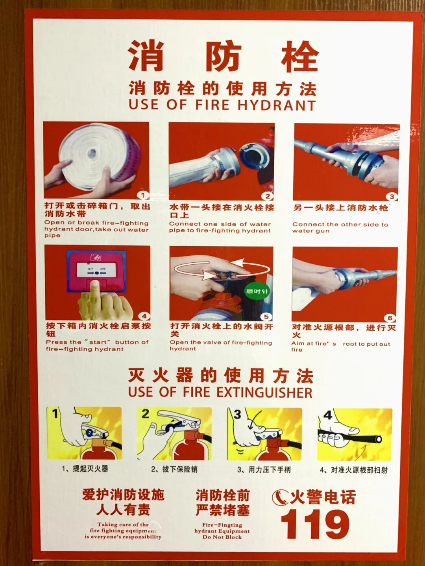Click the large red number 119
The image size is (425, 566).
tap(315, 524)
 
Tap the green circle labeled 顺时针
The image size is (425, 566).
tap(257, 291)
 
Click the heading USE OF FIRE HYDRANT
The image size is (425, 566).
tap(222, 105)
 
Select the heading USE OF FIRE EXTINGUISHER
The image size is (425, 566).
tap(220, 392)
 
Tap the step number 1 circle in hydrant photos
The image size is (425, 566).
tap(143, 195)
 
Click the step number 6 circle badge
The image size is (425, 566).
tap(390, 318)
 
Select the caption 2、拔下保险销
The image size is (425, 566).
tap(174, 469)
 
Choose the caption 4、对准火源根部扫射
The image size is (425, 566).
tap(353, 470)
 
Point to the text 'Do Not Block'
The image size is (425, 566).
tap(222, 537)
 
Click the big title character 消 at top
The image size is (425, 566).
tap(146, 56)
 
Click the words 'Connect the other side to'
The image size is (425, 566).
tap(340, 224)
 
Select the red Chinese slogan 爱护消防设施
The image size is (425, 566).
tap(123, 494)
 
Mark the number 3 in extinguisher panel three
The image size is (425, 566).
tap(237, 415)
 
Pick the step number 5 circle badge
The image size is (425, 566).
tap(266, 317)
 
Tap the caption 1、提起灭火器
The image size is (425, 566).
tap(85, 468)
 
